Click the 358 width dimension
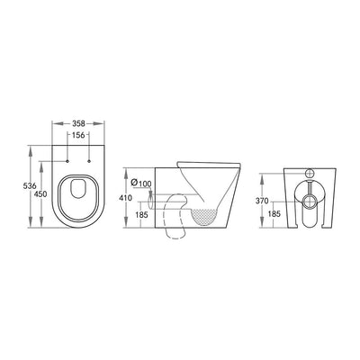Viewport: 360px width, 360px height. tap(78, 123)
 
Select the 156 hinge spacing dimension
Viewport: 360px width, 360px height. tap(78, 135)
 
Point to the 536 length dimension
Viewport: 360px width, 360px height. tap(29, 186)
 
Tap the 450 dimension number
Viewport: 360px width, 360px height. tap(40, 194)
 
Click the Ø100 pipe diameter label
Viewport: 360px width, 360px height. tap(141, 183)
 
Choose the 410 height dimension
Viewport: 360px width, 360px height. tap(126, 198)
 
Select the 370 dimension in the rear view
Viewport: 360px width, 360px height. tap(262, 202)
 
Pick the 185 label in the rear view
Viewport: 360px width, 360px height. tap(274, 214)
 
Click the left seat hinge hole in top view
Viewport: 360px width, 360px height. tap(67, 161)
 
